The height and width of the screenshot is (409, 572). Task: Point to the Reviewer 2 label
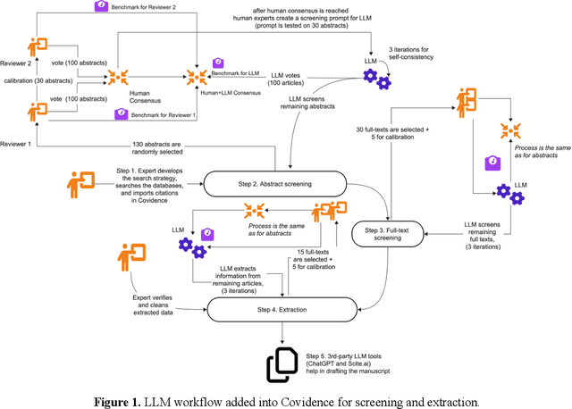(x=15, y=64)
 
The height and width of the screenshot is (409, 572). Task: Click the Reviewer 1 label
(x=15, y=143)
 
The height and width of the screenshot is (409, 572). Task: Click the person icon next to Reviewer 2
(x=38, y=46)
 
